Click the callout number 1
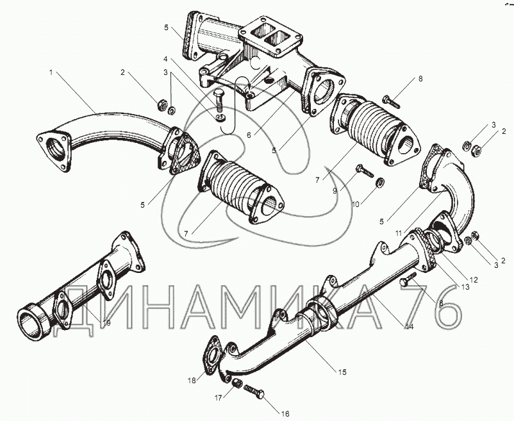(x=50, y=72)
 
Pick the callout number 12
(x=475, y=279)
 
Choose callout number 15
(x=342, y=372)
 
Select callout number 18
(x=191, y=381)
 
